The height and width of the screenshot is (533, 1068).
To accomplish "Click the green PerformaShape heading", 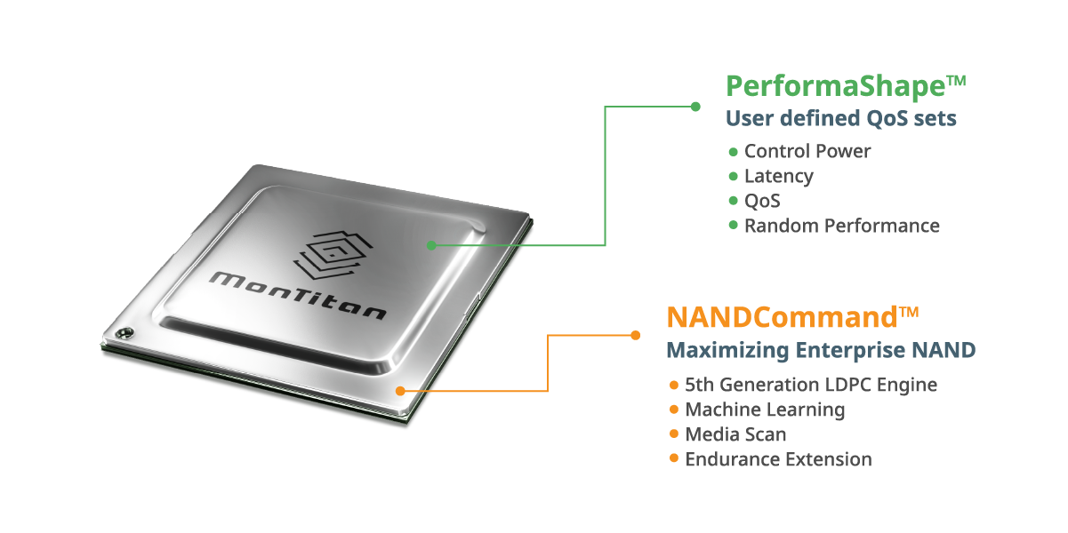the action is [x=846, y=87].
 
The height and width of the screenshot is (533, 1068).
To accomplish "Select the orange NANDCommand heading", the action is [x=792, y=317].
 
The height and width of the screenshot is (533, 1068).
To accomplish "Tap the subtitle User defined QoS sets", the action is [x=841, y=118].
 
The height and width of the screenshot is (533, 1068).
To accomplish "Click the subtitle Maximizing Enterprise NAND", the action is [x=821, y=350].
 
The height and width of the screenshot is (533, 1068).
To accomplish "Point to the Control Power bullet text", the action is [x=807, y=151].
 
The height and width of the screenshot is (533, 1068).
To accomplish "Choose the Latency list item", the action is [x=779, y=176].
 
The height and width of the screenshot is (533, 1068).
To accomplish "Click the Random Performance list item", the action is [x=842, y=226].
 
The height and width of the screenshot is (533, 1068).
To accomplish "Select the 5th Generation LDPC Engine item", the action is [x=811, y=385].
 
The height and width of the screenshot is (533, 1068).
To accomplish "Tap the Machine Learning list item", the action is [x=765, y=410].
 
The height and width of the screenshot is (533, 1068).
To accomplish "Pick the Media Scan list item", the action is [x=735, y=434].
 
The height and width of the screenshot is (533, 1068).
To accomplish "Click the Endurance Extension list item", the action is [x=779, y=459].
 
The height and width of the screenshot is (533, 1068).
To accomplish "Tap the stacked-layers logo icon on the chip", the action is [x=333, y=255].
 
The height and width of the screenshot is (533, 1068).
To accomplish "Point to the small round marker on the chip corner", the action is [x=124, y=332].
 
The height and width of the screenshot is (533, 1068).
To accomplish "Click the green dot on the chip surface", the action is [x=431, y=245].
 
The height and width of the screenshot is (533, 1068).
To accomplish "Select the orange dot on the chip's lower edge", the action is [x=400, y=391].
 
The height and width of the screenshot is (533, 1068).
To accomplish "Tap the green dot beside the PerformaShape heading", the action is [x=695, y=107].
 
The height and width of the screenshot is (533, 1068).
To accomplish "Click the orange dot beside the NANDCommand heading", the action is [x=636, y=335].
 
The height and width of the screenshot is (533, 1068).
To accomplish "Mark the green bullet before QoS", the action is [x=734, y=201].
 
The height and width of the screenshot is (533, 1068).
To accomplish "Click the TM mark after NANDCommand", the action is [x=909, y=312].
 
